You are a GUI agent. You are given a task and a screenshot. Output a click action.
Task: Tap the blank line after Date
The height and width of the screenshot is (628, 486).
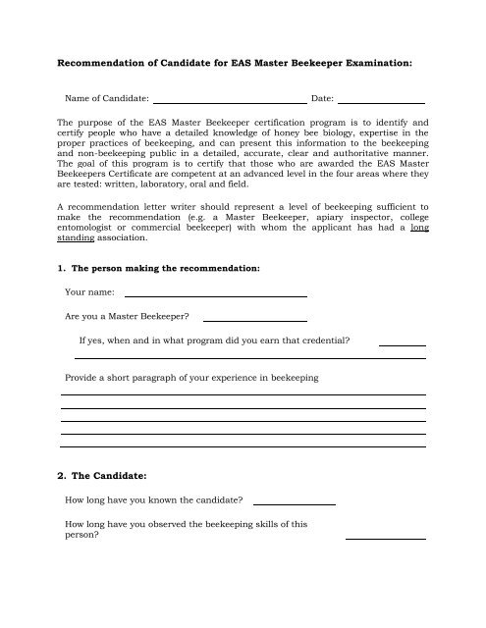click(382, 101)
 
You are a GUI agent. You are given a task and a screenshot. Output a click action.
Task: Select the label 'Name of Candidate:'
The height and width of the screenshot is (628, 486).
click(106, 99)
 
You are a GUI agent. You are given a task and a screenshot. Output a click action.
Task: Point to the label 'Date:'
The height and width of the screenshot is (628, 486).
click(322, 99)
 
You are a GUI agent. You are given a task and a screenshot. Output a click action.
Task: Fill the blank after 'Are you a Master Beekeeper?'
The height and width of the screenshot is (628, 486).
click(255, 318)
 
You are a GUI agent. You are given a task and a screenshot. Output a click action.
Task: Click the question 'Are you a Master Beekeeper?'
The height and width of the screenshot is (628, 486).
click(129, 316)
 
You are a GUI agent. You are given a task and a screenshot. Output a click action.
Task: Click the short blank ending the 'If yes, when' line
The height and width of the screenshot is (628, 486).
click(403, 344)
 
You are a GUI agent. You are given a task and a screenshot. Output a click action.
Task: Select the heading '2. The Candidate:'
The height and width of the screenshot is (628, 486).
click(104, 474)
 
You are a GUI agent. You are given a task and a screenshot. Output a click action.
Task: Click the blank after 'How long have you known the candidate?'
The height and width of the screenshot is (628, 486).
click(295, 502)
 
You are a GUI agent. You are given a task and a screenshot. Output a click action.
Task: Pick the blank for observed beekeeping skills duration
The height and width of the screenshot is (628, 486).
click(386, 538)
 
